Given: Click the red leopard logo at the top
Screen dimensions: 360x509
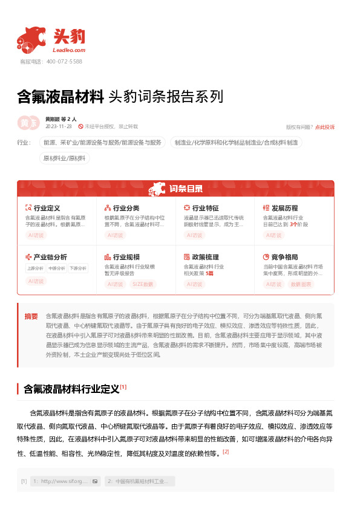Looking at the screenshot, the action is pos(31,39).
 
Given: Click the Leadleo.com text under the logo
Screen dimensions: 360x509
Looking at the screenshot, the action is pos(70,51).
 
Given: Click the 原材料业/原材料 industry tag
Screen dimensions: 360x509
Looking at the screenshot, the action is pos(64,158).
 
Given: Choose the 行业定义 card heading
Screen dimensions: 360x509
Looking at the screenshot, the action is pos(47,208).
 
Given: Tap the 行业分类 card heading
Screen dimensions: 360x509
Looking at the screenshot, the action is pos(126,208).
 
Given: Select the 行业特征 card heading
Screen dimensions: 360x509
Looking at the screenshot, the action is pos(205,208).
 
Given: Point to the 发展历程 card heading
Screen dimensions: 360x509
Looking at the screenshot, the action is pos(284,208).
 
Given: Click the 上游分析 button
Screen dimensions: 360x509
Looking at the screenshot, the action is pos(35,268).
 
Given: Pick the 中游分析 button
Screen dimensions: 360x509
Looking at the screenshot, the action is pos(56,268).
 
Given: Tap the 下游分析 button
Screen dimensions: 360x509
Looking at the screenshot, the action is pos(77,268).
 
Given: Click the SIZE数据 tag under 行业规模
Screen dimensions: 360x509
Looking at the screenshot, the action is pos(143,284).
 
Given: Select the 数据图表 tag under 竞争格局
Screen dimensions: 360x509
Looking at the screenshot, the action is pos(302,284).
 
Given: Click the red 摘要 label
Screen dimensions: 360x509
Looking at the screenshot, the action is pos(31,316).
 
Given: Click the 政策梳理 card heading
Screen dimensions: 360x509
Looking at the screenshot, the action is pos(205,257).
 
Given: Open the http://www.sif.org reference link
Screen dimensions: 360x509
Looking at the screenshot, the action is pos(61,464).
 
